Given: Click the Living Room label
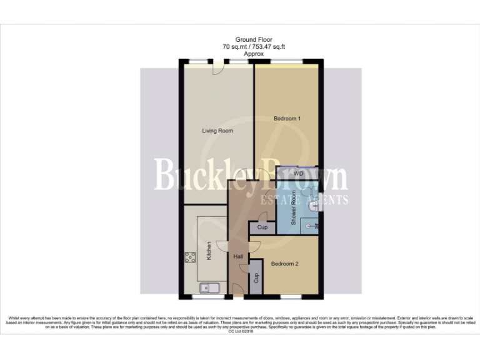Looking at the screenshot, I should (x=217, y=131).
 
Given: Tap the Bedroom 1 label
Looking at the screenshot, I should (x=287, y=118).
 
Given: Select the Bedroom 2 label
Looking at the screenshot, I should (x=284, y=264).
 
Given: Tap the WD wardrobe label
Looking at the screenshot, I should (x=298, y=172).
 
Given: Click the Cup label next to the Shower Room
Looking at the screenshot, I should (x=262, y=228).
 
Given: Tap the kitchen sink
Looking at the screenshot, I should (x=207, y=288).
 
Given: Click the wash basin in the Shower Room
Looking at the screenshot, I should (x=312, y=205).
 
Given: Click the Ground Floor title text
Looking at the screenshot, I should (x=254, y=39).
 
